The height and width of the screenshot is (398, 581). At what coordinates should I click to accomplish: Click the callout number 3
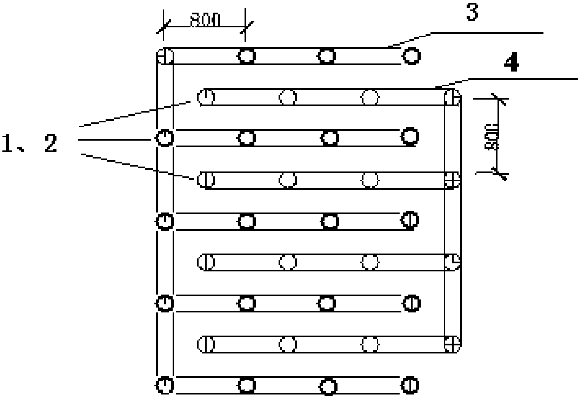(472, 13)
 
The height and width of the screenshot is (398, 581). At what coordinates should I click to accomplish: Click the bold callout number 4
(511, 64)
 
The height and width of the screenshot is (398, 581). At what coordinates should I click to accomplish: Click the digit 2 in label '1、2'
(51, 144)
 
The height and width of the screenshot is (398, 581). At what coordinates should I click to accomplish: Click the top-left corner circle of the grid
(165, 56)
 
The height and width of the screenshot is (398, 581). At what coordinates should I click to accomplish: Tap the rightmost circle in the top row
(411, 56)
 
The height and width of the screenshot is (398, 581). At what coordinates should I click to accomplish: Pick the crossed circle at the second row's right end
(452, 97)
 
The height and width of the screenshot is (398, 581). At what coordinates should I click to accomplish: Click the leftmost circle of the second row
(206, 97)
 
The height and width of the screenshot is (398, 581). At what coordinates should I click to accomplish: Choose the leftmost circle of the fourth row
(206, 180)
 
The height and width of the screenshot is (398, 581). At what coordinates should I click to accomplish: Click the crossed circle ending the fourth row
(452, 180)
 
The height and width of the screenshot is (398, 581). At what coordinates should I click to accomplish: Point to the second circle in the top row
(247, 56)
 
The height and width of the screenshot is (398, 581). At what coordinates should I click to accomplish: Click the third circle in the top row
(327, 56)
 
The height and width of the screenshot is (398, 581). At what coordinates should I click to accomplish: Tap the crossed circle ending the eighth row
(452, 344)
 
